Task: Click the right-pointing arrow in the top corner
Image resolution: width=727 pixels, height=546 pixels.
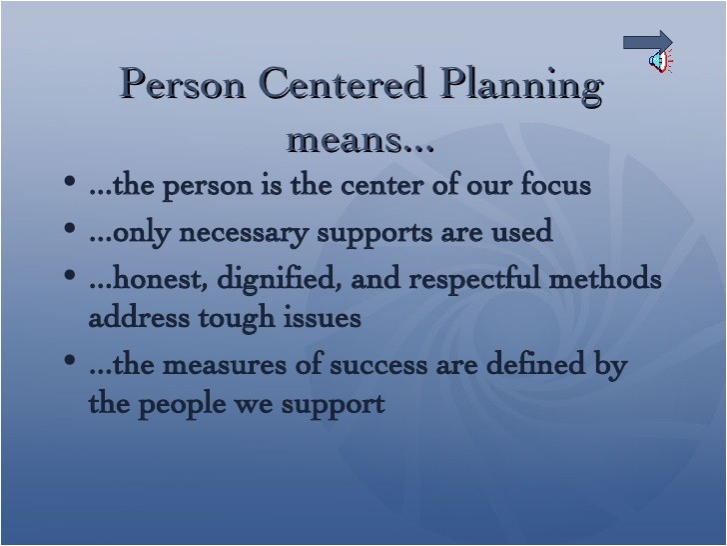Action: (648, 41)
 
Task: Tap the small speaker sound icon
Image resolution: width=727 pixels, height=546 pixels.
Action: (659, 62)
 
